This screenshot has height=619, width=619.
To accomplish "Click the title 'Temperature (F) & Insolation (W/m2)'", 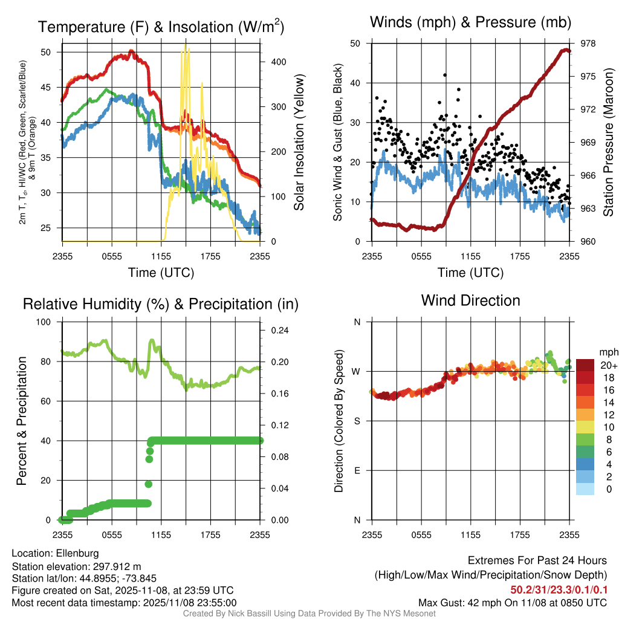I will tap(161, 27).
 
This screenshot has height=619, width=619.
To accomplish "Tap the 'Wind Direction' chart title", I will tap(470, 300).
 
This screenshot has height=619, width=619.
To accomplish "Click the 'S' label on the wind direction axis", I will tap(357, 421).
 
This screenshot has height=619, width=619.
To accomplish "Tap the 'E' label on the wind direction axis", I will tap(357, 470).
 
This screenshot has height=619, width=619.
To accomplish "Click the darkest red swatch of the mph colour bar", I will tap(585, 365).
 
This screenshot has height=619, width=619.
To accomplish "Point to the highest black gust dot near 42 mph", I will tap(444, 75).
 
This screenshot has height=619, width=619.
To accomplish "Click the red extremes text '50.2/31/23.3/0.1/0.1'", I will tap(559, 590).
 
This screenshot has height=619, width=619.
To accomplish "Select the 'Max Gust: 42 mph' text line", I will tap(513, 603).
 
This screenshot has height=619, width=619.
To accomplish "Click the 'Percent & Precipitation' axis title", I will tap(22, 421).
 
